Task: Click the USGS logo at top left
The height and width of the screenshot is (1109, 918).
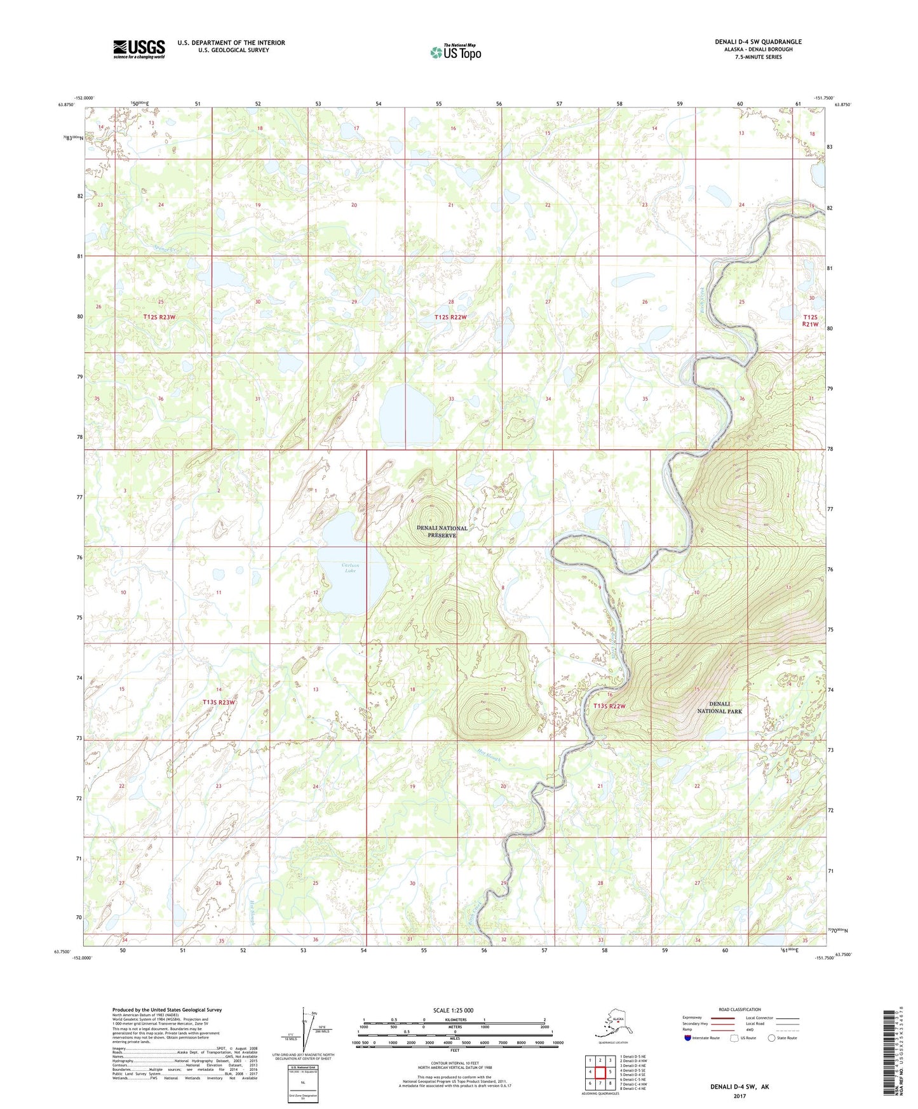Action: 138,49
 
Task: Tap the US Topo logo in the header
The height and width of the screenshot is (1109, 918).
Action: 455,51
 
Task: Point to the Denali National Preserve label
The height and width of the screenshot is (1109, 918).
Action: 442,532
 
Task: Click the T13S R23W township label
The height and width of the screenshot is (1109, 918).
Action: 219,702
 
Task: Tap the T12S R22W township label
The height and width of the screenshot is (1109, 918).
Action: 450,317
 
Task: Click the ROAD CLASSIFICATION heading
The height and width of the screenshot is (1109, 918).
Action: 739,1009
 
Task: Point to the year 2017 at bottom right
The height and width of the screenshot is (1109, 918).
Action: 739,1096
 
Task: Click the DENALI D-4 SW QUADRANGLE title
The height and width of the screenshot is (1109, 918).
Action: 758,42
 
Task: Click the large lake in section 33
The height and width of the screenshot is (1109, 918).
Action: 406,413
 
